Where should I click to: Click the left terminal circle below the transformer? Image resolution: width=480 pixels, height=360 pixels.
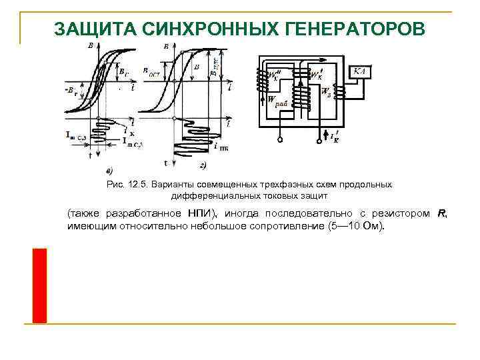click(281, 141)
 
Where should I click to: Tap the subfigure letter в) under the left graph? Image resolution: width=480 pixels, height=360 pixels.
click(109, 167)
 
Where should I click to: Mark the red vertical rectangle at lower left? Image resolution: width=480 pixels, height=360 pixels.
click(39, 285)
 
